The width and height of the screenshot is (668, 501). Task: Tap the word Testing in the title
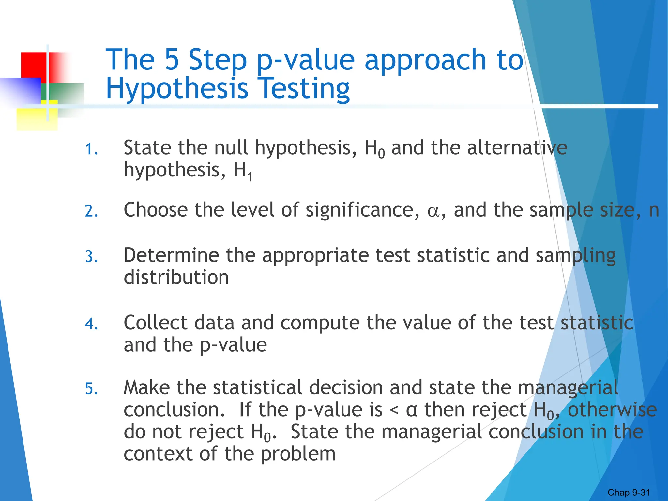(305, 89)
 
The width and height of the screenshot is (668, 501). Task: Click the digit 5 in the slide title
(172, 60)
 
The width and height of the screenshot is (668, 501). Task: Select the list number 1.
(91, 149)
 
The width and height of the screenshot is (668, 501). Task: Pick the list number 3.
(91, 257)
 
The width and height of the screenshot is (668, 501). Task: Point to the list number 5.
(91, 389)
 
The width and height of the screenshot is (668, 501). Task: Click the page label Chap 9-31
(629, 493)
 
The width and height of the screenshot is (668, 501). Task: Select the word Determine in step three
(171, 255)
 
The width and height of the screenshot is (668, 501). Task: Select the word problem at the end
(298, 454)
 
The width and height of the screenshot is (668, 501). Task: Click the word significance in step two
(362, 210)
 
